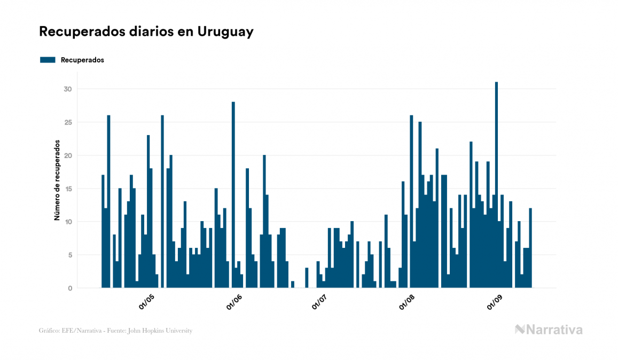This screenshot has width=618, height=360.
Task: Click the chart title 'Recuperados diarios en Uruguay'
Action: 146,32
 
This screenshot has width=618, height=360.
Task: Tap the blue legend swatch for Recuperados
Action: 48,60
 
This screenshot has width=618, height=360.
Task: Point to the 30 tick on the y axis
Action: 68,89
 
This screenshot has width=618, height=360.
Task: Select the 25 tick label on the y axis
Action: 68,122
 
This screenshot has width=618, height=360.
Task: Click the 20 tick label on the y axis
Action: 68,155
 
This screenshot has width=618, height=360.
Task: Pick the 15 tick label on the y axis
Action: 68,189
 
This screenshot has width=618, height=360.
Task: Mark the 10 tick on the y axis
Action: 68,222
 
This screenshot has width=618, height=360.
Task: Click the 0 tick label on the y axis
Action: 69,288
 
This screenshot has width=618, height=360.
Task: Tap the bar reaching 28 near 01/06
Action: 233,195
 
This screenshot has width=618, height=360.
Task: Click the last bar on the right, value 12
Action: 530,248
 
